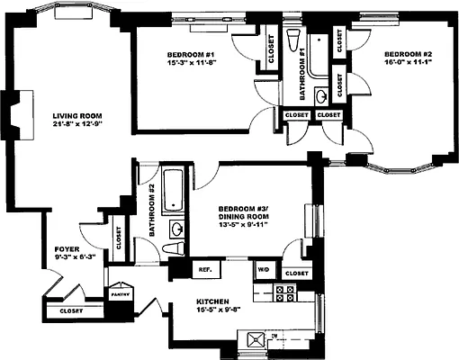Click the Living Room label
pyautogui.click(x=76, y=114)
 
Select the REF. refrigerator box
pyautogui.click(x=204, y=270)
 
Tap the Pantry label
pyautogui.click(x=121, y=294)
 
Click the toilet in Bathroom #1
pyautogui.click(x=293, y=39)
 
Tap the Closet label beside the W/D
pyautogui.click(x=296, y=273)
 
